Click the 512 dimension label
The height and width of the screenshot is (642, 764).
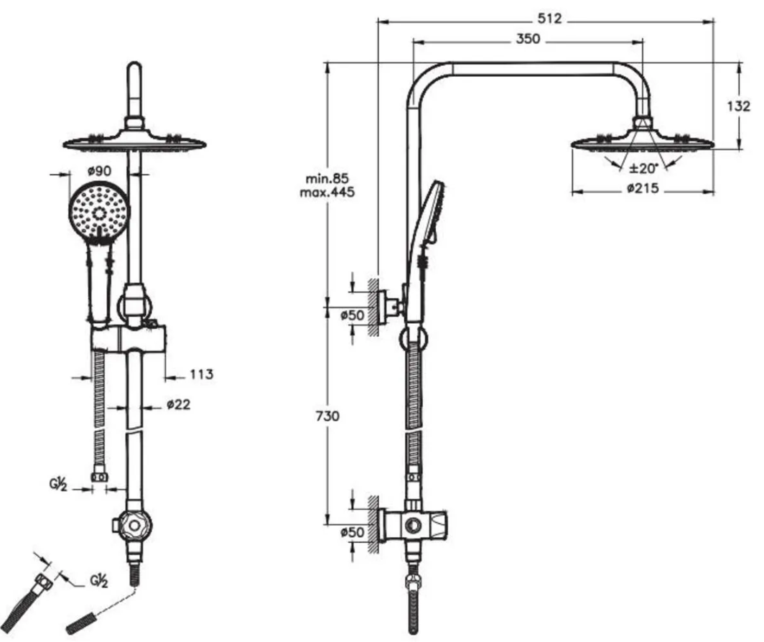click(549, 19)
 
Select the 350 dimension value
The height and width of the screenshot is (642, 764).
click(528, 39)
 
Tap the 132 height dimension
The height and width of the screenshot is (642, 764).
click(739, 106)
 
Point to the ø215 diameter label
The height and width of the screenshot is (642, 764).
click(643, 187)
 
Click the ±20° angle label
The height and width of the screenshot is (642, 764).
click(643, 168)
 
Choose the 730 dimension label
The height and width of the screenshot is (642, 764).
click(327, 416)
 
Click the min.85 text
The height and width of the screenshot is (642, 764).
click(327, 178)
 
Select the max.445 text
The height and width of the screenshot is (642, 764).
click(327, 192)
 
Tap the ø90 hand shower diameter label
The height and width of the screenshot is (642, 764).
click(99, 171)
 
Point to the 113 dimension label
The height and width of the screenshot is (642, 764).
click(201, 374)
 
